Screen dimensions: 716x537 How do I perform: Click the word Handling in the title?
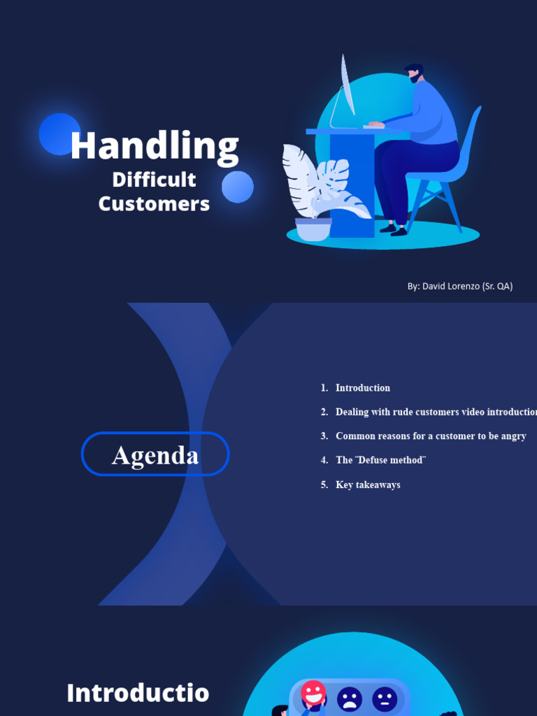(155, 146)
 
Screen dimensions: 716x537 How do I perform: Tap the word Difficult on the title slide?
(154, 180)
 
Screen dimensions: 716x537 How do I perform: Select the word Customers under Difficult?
(154, 203)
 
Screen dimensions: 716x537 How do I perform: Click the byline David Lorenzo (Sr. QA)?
(460, 286)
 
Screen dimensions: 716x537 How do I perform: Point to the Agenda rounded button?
(155, 454)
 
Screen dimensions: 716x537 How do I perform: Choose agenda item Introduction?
(362, 388)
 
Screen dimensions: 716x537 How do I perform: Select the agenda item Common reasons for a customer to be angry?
(430, 436)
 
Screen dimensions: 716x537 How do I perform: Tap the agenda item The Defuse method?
(380, 460)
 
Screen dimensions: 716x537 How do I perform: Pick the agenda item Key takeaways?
(368, 485)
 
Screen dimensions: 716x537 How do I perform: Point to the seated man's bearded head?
(414, 73)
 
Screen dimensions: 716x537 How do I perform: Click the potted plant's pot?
(313, 229)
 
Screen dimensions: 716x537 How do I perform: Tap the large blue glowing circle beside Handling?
(59, 134)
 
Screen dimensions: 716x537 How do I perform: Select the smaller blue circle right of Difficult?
(238, 187)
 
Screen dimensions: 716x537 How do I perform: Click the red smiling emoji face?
(313, 694)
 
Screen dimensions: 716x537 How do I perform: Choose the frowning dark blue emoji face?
(350, 699)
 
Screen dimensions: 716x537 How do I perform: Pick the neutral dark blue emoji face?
(385, 699)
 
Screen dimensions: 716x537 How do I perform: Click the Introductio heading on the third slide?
(138, 693)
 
